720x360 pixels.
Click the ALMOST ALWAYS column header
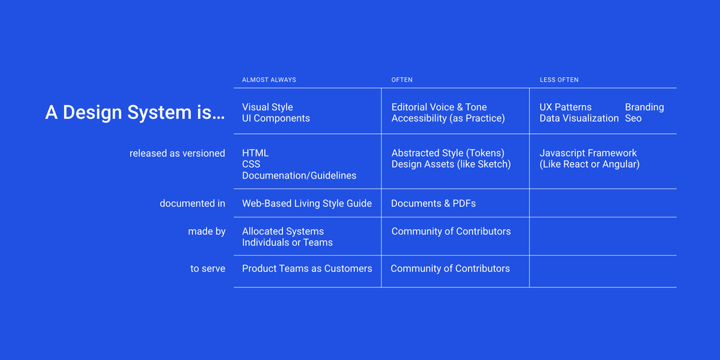click(269, 80)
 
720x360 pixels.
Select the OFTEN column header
click(402, 80)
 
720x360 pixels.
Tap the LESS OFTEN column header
click(559, 80)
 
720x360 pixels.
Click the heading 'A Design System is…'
click(135, 113)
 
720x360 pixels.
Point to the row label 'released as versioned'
click(177, 153)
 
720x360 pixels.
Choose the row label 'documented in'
click(192, 204)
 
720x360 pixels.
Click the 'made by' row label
click(207, 232)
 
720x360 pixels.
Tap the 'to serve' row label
click(208, 269)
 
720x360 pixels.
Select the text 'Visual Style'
click(267, 107)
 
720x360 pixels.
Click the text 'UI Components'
click(276, 118)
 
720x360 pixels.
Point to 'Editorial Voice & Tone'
click(439, 107)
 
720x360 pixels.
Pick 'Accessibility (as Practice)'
click(448, 118)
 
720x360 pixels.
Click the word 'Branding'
click(644, 107)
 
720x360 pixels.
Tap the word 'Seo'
click(633, 118)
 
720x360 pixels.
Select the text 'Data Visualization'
click(579, 118)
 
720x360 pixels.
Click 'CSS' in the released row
click(251, 164)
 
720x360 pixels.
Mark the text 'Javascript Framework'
click(588, 153)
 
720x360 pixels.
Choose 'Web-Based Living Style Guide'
click(307, 204)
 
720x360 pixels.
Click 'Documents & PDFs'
click(433, 204)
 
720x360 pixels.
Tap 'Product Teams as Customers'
click(307, 269)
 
